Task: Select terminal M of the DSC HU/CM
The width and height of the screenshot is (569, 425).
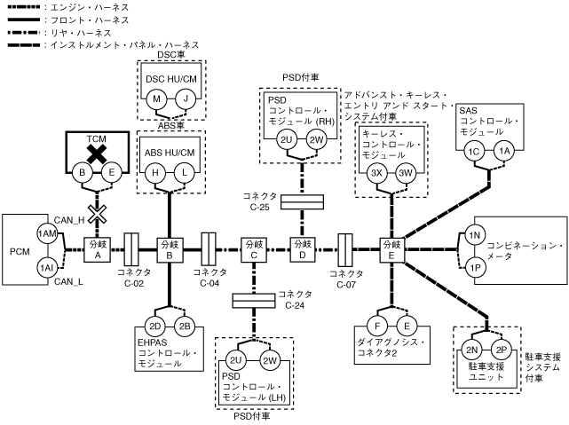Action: click(156, 100)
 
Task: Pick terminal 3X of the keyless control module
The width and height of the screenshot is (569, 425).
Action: click(377, 173)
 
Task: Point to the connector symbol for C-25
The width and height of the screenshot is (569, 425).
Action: click(302, 202)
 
